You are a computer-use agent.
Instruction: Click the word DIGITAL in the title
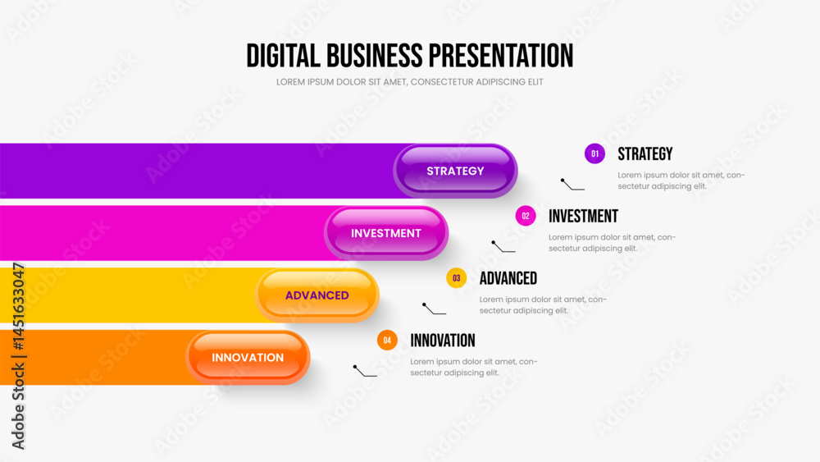(283, 56)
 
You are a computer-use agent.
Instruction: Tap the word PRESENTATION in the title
(501, 56)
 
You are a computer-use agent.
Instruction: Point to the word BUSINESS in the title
(375, 56)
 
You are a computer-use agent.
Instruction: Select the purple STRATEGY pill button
(455, 171)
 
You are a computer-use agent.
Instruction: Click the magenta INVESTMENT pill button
(386, 233)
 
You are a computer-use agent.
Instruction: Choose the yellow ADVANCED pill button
(317, 295)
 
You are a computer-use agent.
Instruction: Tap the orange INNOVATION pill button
(248, 357)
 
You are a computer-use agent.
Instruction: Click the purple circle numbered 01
(594, 153)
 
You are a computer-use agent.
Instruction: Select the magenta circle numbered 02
(526, 216)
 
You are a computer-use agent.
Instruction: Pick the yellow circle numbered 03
(456, 278)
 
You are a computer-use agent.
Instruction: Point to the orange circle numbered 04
(387, 340)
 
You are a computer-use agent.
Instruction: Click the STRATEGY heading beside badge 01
(645, 153)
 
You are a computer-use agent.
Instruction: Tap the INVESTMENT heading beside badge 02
(583, 216)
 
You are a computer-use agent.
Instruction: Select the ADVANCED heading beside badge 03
(508, 278)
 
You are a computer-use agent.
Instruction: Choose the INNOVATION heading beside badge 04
(443, 341)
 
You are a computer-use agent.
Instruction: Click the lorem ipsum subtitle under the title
(409, 81)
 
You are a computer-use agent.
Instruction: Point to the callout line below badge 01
(572, 185)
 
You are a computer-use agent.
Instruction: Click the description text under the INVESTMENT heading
(612, 243)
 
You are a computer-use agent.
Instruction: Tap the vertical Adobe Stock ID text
(18, 356)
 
